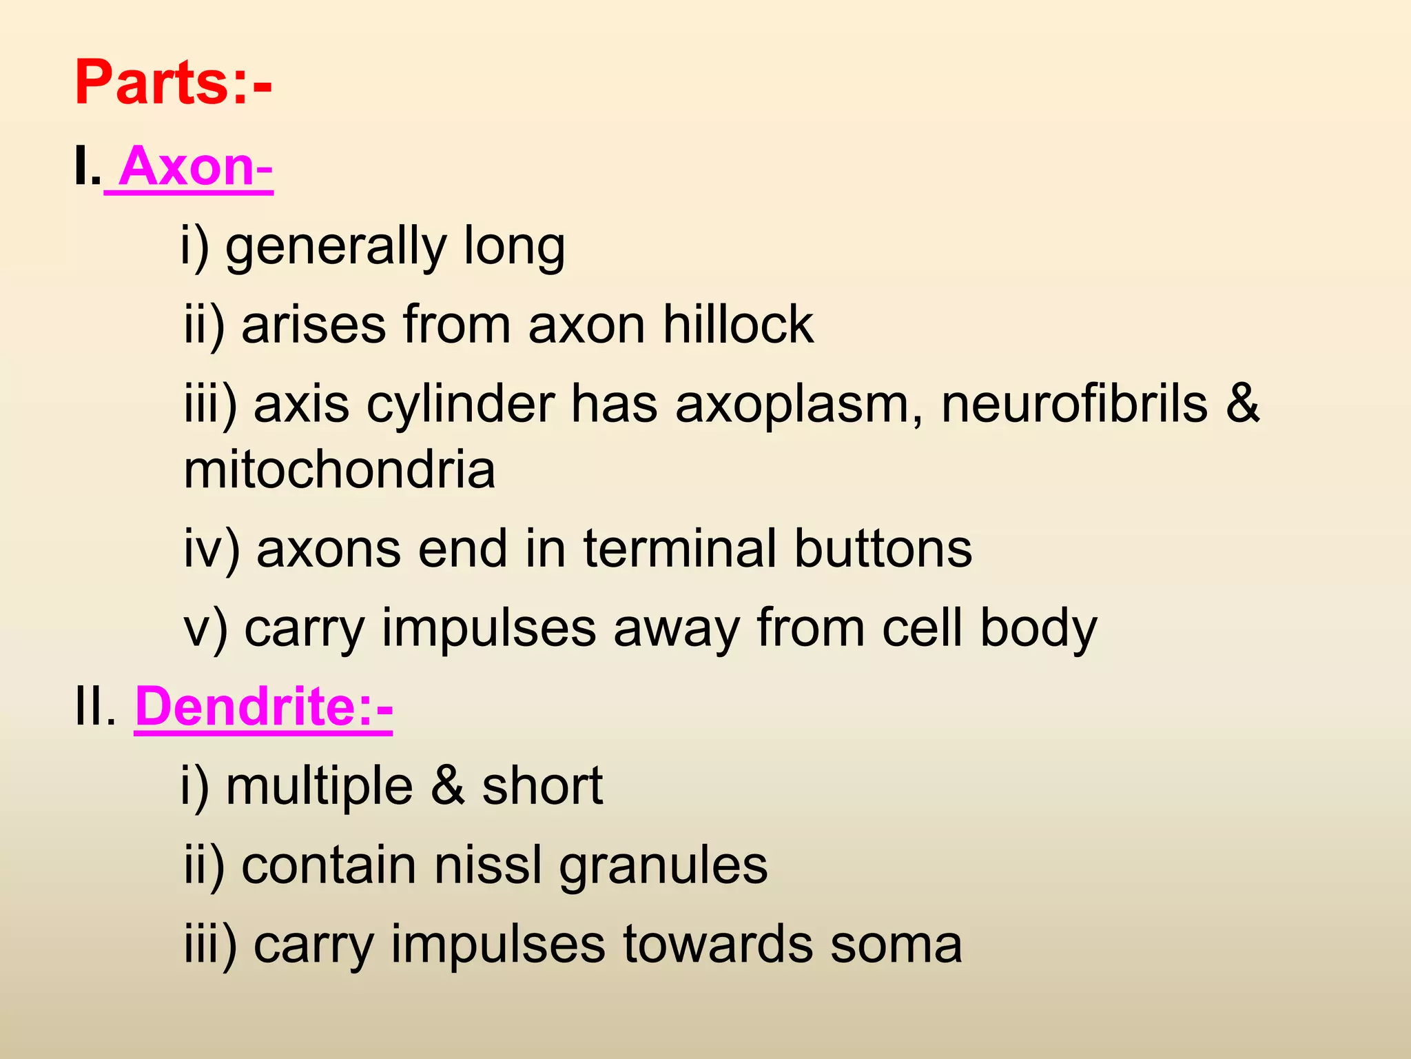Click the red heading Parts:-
[x=173, y=83]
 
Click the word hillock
[x=738, y=324]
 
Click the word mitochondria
[x=340, y=470]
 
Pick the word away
[x=676, y=629]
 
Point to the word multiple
[x=319, y=787]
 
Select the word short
[x=542, y=787]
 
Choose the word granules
[x=663, y=867]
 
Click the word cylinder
[x=460, y=405]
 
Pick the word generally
[x=336, y=247]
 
